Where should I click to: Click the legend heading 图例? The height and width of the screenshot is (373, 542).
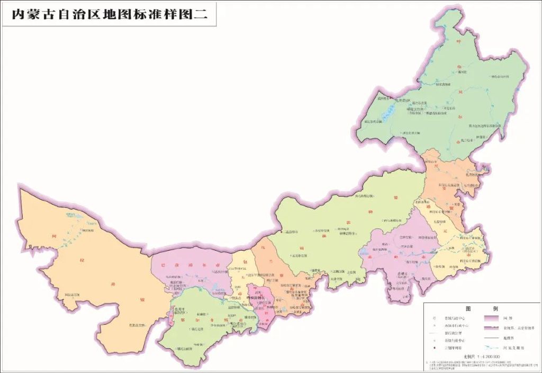point(482,308)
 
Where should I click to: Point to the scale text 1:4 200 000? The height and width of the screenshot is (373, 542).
point(485,357)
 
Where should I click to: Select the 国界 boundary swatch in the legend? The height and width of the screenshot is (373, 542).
point(492,318)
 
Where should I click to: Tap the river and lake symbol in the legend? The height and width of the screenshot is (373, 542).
point(492,348)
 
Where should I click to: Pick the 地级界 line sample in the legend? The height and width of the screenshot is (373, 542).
point(492,338)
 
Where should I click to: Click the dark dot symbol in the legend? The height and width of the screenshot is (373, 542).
point(435,348)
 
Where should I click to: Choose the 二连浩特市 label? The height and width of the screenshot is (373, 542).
point(290,232)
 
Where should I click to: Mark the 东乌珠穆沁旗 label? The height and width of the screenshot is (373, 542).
point(364,196)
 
